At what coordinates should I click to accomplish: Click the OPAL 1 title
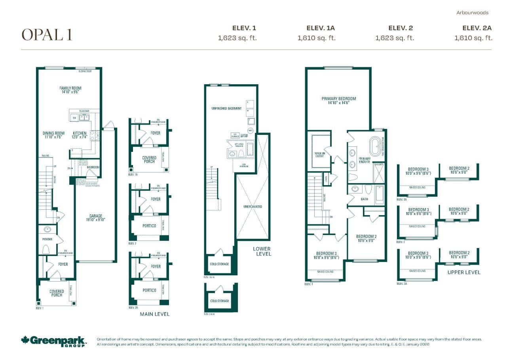point(47,35)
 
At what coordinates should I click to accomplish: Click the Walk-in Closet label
point(319,154)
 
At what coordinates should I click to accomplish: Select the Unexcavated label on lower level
point(252,207)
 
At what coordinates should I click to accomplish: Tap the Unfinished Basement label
point(227,108)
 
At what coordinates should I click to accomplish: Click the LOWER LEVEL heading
point(262,251)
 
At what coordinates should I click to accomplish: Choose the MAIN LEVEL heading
point(154,314)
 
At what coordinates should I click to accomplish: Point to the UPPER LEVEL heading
point(464,272)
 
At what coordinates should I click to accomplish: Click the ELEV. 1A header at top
point(321,28)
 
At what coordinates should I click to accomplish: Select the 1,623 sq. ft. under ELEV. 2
point(394,38)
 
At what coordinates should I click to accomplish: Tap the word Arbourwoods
point(473,13)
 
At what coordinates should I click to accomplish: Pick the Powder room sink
point(48,229)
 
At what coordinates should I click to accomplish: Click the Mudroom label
point(93,167)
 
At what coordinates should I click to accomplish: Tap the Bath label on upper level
point(364,199)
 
